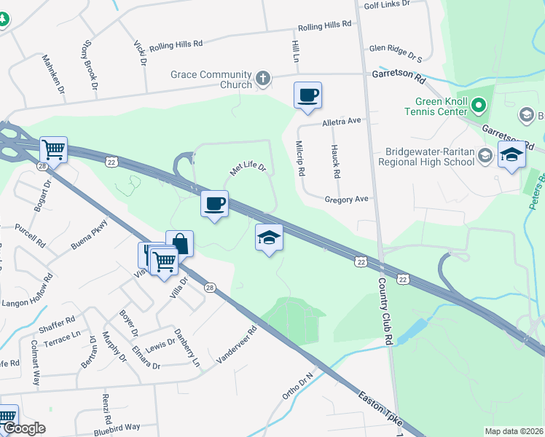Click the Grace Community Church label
pyautogui.click(x=210, y=79)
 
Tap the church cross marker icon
pyautogui.click(x=263, y=77)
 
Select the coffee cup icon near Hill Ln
pyautogui.click(x=307, y=95)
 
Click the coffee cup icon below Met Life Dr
pyautogui.click(x=214, y=203)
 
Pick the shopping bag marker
pyautogui.click(x=180, y=243)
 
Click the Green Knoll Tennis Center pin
pyautogui.click(x=478, y=106)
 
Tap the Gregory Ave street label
pyautogui.click(x=348, y=199)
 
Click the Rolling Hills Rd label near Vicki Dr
pyautogui.click(x=175, y=45)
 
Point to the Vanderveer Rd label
pyautogui.click(x=238, y=345)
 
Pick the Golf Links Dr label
pyautogui.click(x=386, y=4)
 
